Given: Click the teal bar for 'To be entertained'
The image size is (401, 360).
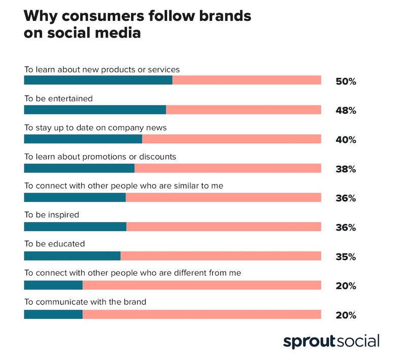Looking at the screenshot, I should pos(95,110).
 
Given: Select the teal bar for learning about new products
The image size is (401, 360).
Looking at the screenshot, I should pos(98,80).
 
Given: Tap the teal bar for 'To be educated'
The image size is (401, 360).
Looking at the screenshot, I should pos(72,256).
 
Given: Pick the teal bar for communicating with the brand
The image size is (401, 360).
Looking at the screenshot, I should pos(53,315).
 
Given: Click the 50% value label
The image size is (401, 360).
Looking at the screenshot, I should pos(346,81).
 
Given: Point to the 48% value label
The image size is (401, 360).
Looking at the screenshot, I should pos(346,110).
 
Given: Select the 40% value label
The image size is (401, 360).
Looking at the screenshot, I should pos(346,140).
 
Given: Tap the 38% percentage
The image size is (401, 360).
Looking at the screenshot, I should pos(346,169).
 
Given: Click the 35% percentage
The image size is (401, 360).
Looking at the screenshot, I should pos(346,257).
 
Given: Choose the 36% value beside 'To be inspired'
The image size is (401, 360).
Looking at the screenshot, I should pos(346,227).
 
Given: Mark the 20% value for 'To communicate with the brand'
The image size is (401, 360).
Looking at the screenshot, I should pos(346,315).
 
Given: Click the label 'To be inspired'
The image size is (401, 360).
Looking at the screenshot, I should pos(52,215).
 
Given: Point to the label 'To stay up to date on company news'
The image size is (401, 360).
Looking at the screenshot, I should pos(95,127).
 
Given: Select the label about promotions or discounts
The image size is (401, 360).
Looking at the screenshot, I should pos(100,156).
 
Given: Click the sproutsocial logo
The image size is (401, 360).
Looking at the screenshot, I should pos(331,341).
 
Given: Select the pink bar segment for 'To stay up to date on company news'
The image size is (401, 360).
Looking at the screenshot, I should pos(231,139).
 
